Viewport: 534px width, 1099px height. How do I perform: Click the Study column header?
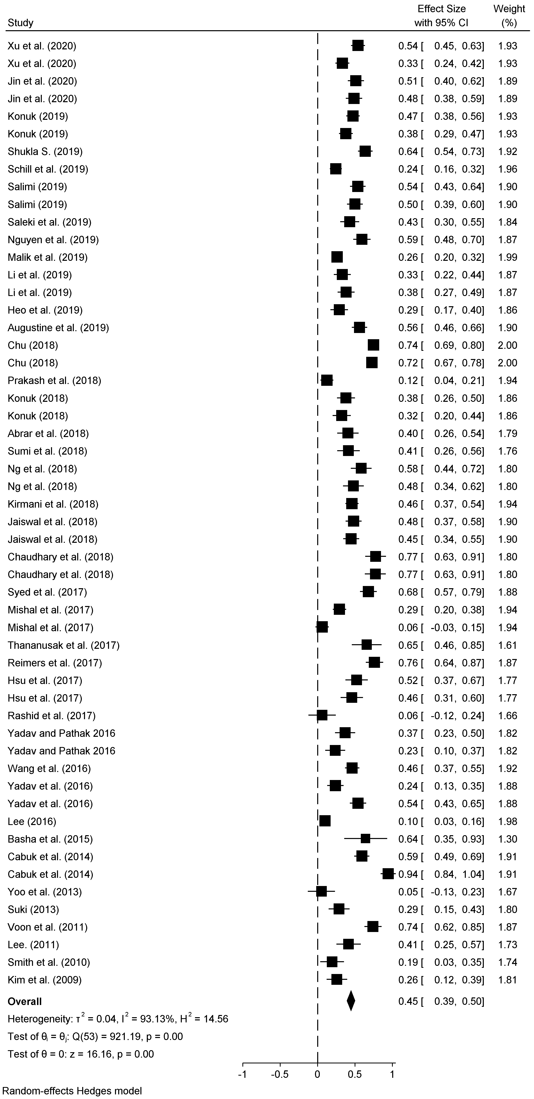[x=20, y=23]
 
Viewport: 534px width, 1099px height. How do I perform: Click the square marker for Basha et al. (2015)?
[x=366, y=839]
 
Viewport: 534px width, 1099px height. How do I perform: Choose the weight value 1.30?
[x=508, y=839]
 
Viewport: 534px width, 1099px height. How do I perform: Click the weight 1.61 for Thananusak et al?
[x=508, y=645]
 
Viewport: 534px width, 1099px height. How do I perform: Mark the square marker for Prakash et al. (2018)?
[x=327, y=381]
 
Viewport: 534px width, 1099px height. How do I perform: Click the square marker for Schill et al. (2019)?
[x=336, y=169]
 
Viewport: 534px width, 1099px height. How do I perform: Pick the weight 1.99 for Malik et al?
[x=508, y=257]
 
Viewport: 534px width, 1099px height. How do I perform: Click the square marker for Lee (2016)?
[x=325, y=821]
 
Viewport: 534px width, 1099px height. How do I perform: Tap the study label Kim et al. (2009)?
[x=44, y=980]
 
